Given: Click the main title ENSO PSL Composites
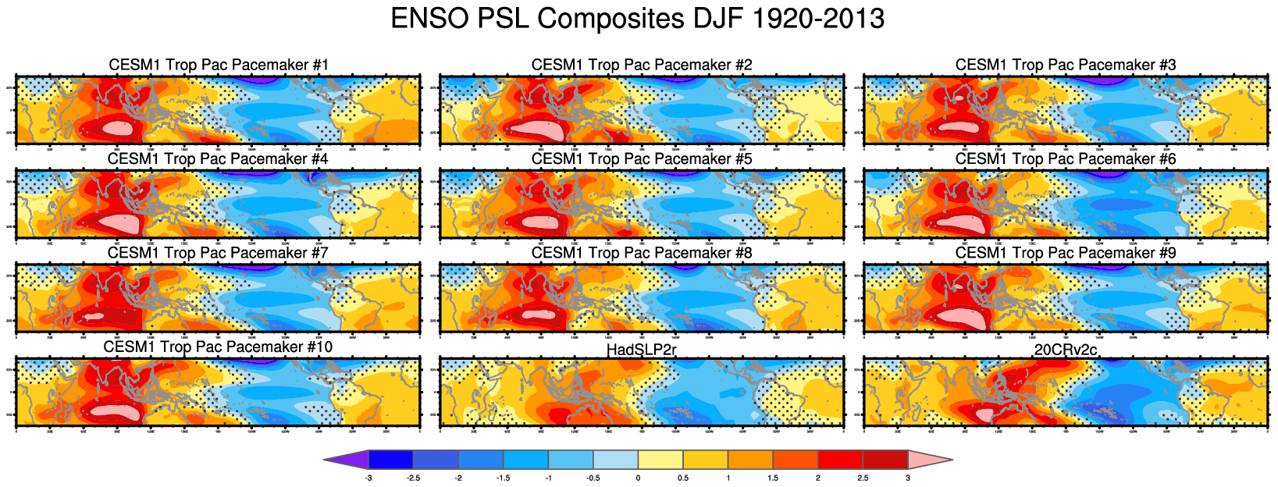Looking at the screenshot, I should point(637,19).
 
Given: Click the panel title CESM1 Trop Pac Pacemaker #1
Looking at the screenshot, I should point(219,65).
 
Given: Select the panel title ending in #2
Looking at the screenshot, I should point(642,65).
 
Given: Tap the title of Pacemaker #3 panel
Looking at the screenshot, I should point(1066,65).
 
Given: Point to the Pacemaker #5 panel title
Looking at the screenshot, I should point(642,159).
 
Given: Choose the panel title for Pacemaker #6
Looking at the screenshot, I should point(1066,159).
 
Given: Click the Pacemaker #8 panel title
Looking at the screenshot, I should point(642,254).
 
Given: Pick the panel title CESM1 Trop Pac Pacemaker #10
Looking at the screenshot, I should point(218,347).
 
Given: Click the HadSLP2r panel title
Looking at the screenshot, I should point(642,350).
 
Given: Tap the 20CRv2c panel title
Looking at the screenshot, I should point(1066,350).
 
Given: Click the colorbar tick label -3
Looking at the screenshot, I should point(368,478).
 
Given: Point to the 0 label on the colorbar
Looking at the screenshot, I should point(638,478).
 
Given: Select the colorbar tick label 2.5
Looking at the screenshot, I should point(863,478).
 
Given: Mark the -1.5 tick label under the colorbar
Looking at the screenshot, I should point(503,478).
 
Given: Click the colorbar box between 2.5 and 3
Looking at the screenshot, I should point(885,460).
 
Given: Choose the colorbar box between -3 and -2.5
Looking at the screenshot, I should point(390,460).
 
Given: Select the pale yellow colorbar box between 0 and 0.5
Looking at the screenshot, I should point(660,460).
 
